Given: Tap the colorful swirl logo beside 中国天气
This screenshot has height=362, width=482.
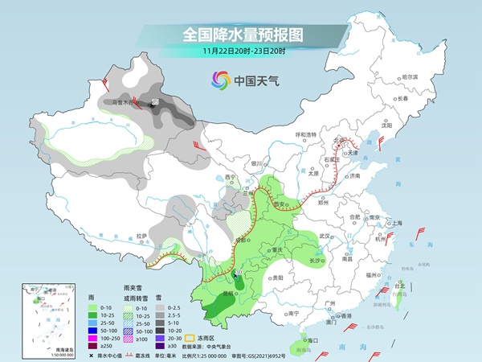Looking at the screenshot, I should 220,80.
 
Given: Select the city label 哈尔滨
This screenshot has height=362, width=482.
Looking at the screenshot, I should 410,76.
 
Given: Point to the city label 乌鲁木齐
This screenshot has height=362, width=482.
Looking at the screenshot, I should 125,103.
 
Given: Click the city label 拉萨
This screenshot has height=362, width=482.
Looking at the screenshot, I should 141,235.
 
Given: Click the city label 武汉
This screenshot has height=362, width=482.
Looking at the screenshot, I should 325,236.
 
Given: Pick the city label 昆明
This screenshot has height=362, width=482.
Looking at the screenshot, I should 229,294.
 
